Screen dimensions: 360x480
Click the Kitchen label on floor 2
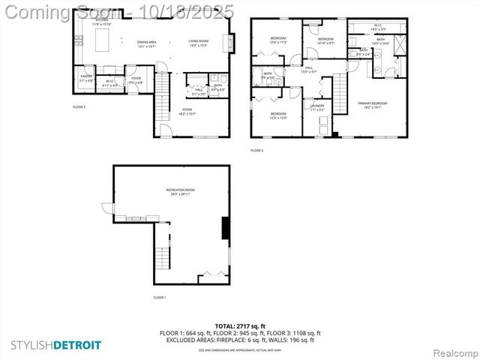point(100,22)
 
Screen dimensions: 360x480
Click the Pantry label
point(86,78)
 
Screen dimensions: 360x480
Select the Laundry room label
point(317,108)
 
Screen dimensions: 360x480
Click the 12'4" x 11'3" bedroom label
point(278,40)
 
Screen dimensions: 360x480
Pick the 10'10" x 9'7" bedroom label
point(325,40)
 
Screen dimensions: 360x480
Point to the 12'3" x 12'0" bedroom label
point(278,115)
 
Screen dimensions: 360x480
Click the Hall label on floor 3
point(309,70)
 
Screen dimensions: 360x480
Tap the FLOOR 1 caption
point(160,298)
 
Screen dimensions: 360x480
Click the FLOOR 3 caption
point(256,151)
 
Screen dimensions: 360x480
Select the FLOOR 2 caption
point(79,107)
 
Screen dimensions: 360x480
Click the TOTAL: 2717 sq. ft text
point(240,327)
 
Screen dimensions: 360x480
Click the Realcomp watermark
point(457,352)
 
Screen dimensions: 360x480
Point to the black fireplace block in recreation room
point(224,228)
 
